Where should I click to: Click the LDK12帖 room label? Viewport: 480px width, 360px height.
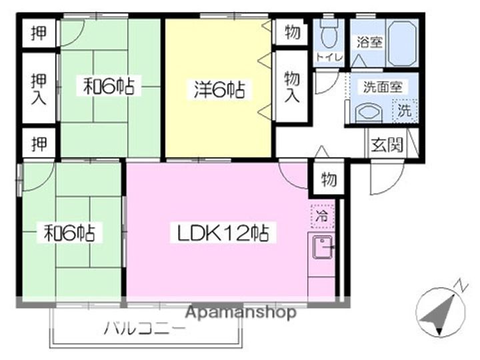pyautogui.click(x=223, y=233)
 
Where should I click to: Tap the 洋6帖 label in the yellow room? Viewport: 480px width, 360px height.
pyautogui.click(x=219, y=89)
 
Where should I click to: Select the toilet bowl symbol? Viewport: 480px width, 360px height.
pyautogui.click(x=329, y=33)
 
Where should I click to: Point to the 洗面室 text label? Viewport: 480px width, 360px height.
pyautogui.click(x=383, y=87)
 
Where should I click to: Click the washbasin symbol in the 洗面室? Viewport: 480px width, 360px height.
pyautogui.click(x=369, y=112)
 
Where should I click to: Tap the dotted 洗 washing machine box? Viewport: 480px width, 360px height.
pyautogui.click(x=405, y=110)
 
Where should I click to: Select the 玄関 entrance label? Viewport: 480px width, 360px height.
pyautogui.click(x=387, y=145)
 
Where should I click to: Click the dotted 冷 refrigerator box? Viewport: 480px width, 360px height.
pyautogui.click(x=322, y=217)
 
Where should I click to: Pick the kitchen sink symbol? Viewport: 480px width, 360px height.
pyautogui.click(x=322, y=247)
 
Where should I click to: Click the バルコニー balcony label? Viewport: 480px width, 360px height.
pyautogui.click(x=145, y=329)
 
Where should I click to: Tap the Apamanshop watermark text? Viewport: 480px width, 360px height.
pyautogui.click(x=241, y=313)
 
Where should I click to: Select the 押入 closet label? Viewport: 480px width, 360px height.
pyautogui.click(x=39, y=89)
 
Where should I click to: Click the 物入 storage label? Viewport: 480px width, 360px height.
pyautogui.click(x=292, y=86)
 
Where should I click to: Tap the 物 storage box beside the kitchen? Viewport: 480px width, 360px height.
pyautogui.click(x=329, y=179)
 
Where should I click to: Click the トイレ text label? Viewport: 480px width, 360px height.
pyautogui.click(x=329, y=57)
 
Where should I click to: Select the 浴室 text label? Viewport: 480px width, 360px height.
pyautogui.click(x=369, y=42)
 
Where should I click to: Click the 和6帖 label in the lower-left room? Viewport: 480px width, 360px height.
pyautogui.click(x=69, y=233)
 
